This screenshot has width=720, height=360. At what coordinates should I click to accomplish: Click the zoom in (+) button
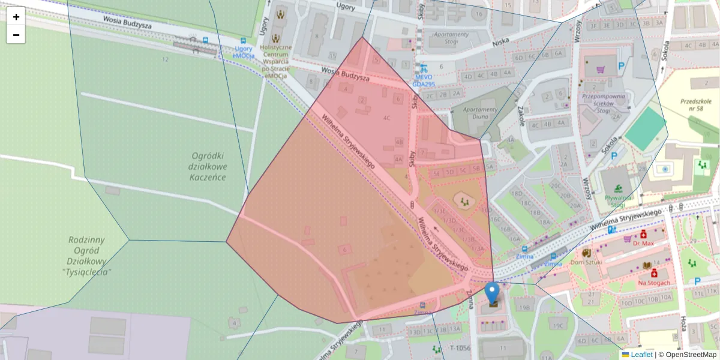tap(16, 16)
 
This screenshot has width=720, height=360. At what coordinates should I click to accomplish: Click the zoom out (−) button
tap(16, 35)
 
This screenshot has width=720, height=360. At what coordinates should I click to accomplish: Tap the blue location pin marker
tap(492, 293)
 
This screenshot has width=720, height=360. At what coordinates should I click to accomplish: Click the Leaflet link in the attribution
tap(641, 355)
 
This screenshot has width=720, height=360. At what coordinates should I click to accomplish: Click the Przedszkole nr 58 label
tap(696, 106)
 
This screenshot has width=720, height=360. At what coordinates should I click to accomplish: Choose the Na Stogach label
tap(653, 282)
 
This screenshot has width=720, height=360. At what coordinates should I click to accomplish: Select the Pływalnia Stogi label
tap(610, 201)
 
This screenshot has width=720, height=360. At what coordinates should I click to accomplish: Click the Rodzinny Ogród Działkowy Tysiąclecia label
tap(87, 256)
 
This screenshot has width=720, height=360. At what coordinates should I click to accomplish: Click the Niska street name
tap(500, 43)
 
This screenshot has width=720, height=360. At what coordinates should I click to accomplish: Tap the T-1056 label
tap(460, 348)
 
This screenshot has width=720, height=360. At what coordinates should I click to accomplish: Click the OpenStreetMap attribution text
tap(691, 355)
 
